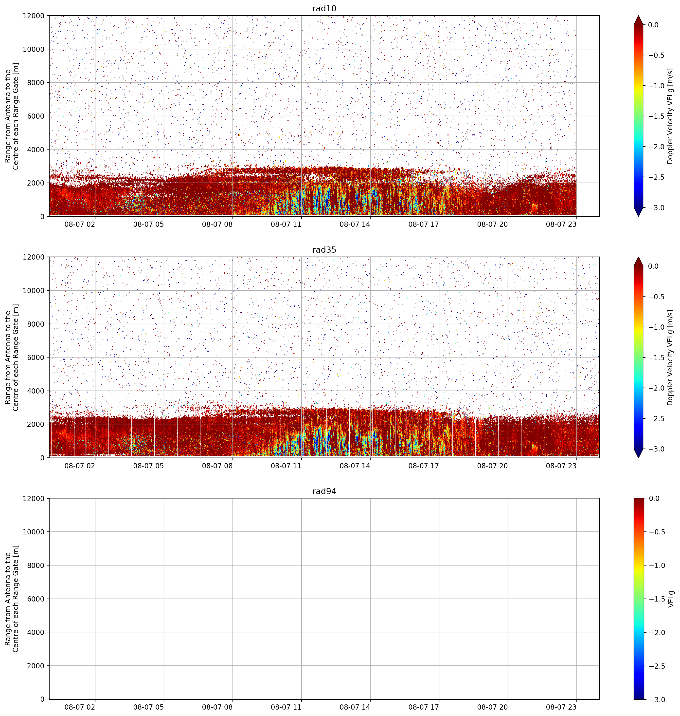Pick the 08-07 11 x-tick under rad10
tap(286, 224)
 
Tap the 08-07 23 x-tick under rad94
tap(561, 707)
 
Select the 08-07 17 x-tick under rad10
tap(424, 224)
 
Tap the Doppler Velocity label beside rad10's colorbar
tap(670, 116)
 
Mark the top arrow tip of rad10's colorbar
tap(638, 16)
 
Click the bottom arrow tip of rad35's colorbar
tap(638, 458)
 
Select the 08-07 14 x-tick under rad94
tap(355, 707)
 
